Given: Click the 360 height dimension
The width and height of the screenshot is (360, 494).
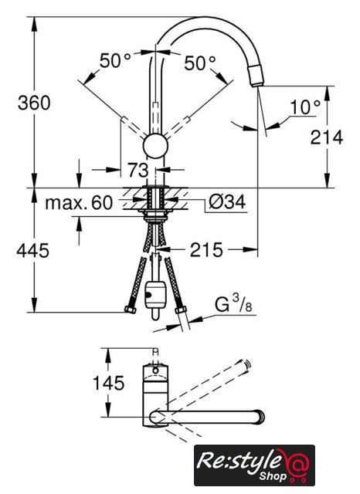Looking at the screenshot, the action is pyautogui.click(x=34, y=103).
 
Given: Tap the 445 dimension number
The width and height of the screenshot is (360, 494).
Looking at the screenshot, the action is pyautogui.click(x=32, y=251).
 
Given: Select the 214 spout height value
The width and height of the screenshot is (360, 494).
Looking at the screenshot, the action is pyautogui.click(x=327, y=137).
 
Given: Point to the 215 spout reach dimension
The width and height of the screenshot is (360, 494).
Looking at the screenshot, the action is pyautogui.click(x=206, y=250).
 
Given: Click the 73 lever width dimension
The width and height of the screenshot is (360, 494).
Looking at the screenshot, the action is pyautogui.click(x=138, y=170).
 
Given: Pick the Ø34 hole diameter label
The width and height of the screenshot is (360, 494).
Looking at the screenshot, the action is pyautogui.click(x=227, y=201).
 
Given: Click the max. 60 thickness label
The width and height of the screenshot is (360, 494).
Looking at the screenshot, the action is pyautogui.click(x=79, y=203).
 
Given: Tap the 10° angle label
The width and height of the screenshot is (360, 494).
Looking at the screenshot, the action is pyautogui.click(x=305, y=107).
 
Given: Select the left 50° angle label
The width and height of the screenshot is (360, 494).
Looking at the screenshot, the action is pyautogui.click(x=115, y=60).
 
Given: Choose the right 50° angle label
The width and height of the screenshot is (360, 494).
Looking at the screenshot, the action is pyautogui.click(x=200, y=63).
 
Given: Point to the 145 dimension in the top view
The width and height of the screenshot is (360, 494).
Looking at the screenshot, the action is pyautogui.click(x=108, y=383).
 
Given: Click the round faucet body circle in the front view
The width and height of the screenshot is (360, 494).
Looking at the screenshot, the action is pyautogui.click(x=155, y=147).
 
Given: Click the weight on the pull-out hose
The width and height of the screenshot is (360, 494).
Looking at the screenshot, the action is pyautogui.click(x=155, y=296).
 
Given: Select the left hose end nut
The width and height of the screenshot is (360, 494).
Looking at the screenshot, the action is pyautogui.click(x=130, y=309).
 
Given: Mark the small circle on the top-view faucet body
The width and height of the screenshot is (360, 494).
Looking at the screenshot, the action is pyautogui.click(x=155, y=370).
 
